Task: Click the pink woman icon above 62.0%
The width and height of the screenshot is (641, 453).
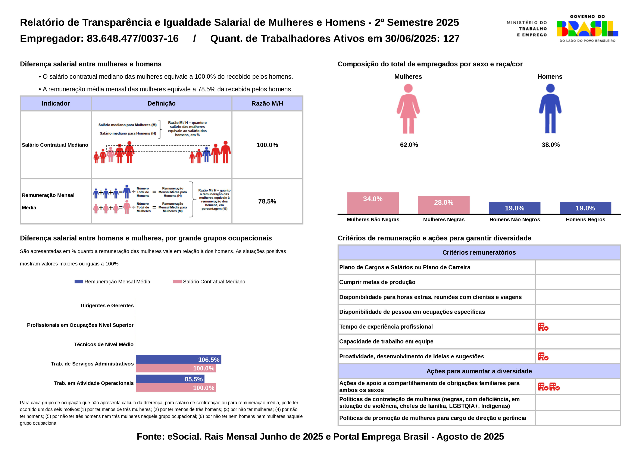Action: pos(408,109)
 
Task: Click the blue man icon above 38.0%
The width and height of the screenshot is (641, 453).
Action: pos(550,109)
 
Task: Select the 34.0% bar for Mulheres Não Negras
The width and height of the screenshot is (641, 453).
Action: pos(373,203)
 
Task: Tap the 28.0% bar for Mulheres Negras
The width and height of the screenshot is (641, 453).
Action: pos(444,205)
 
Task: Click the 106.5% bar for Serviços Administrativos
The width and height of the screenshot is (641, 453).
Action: pos(178,359)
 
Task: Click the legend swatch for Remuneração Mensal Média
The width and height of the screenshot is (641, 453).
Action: pos(79,282)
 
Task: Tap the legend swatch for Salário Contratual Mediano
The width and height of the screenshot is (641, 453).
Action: pos(177,282)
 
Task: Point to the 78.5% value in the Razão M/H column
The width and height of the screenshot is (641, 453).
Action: pos(267,202)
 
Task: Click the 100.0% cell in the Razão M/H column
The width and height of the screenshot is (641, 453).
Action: pos(267,145)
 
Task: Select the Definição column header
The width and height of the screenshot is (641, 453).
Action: pos(161,104)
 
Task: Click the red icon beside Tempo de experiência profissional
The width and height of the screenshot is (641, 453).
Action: pos(543,327)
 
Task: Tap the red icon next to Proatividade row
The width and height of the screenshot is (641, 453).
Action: pos(543,356)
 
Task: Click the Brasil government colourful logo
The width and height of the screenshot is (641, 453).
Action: pos(587,29)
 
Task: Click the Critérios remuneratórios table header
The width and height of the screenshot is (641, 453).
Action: pos(479,253)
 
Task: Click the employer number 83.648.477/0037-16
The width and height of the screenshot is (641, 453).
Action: pos(133,38)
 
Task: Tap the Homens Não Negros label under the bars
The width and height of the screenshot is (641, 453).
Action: pos(515,220)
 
